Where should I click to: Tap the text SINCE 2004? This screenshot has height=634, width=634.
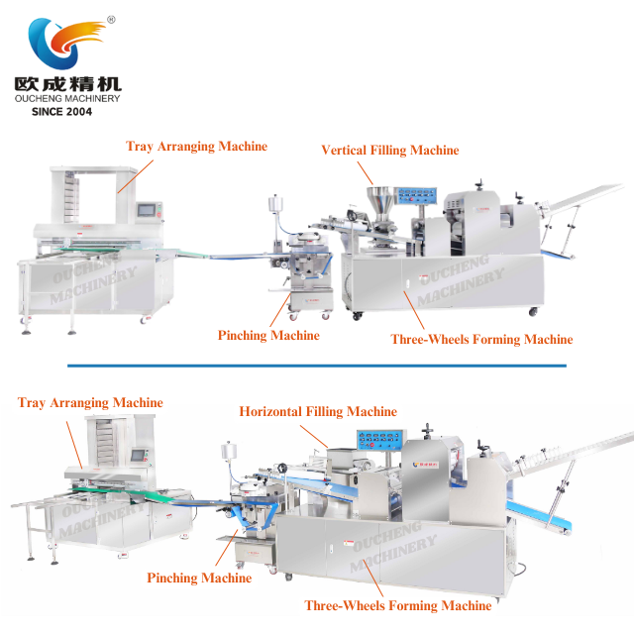(61, 112)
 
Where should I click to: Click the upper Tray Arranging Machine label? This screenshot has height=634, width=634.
(196, 147)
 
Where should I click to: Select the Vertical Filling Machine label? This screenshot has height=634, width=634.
(389, 151)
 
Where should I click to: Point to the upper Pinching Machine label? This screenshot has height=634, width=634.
(268, 336)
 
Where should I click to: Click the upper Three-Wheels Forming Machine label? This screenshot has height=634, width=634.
(481, 340)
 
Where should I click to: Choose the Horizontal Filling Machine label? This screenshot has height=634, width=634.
(317, 411)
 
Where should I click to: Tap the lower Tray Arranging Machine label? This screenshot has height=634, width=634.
(90, 403)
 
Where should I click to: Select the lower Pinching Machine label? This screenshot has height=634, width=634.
(199, 578)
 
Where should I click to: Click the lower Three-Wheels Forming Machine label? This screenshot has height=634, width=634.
(397, 605)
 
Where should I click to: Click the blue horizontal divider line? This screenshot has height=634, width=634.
(317, 366)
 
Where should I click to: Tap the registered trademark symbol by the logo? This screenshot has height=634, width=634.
(110, 19)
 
